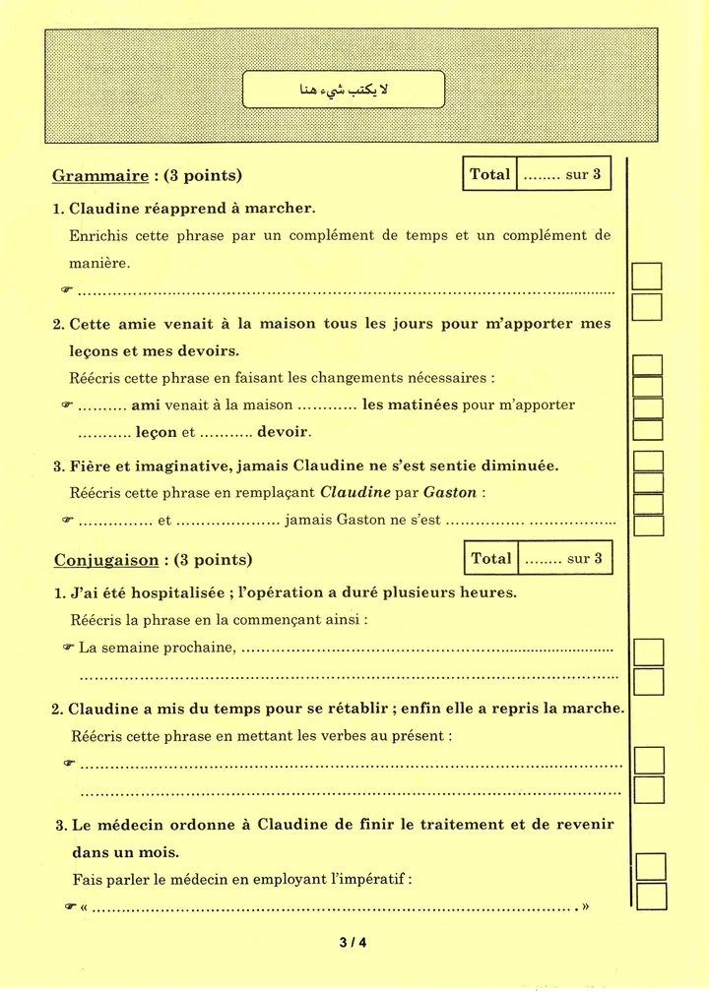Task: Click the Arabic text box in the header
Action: coord(344,90)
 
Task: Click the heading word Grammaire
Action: coord(99,176)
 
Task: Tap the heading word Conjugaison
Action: coord(105,560)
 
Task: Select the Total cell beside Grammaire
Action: coord(489,174)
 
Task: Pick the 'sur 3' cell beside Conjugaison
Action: coord(564,558)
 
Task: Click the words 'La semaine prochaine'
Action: coord(158,647)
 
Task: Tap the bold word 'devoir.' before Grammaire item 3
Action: coord(284,431)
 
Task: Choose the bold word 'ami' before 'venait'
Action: coord(146,404)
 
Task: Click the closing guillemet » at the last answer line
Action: coord(585,906)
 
